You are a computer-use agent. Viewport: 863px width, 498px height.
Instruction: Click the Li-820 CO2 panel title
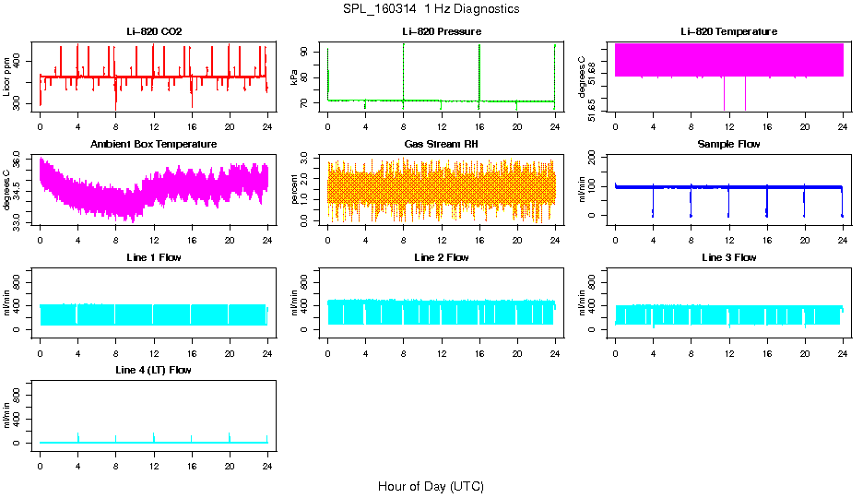click(x=154, y=31)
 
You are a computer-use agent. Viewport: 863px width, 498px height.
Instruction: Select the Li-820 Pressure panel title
click(x=441, y=31)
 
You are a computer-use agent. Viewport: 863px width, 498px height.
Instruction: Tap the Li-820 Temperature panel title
click(x=728, y=31)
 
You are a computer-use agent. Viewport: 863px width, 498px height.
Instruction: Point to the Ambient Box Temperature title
click(x=154, y=144)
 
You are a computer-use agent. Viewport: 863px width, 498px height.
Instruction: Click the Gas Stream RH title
click(x=441, y=144)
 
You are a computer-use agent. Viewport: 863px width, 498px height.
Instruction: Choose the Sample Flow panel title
click(x=728, y=144)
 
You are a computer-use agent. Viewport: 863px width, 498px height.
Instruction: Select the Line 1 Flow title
click(x=154, y=257)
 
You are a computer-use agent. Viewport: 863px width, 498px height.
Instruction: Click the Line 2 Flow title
click(x=441, y=257)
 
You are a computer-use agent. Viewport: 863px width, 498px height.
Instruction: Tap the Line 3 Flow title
click(x=728, y=257)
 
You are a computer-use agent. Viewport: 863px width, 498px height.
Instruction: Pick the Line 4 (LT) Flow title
click(x=154, y=370)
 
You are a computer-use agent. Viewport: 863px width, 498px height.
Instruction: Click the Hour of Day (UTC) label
click(x=431, y=486)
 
